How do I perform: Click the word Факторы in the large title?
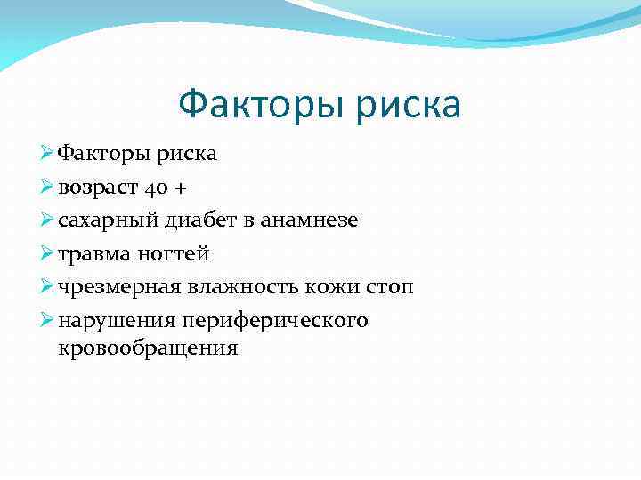point(259,106)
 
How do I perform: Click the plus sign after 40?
point(181,188)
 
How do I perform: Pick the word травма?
point(92,254)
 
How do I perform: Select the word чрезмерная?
point(114,286)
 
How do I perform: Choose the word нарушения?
point(111,320)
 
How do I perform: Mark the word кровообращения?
point(148,347)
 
